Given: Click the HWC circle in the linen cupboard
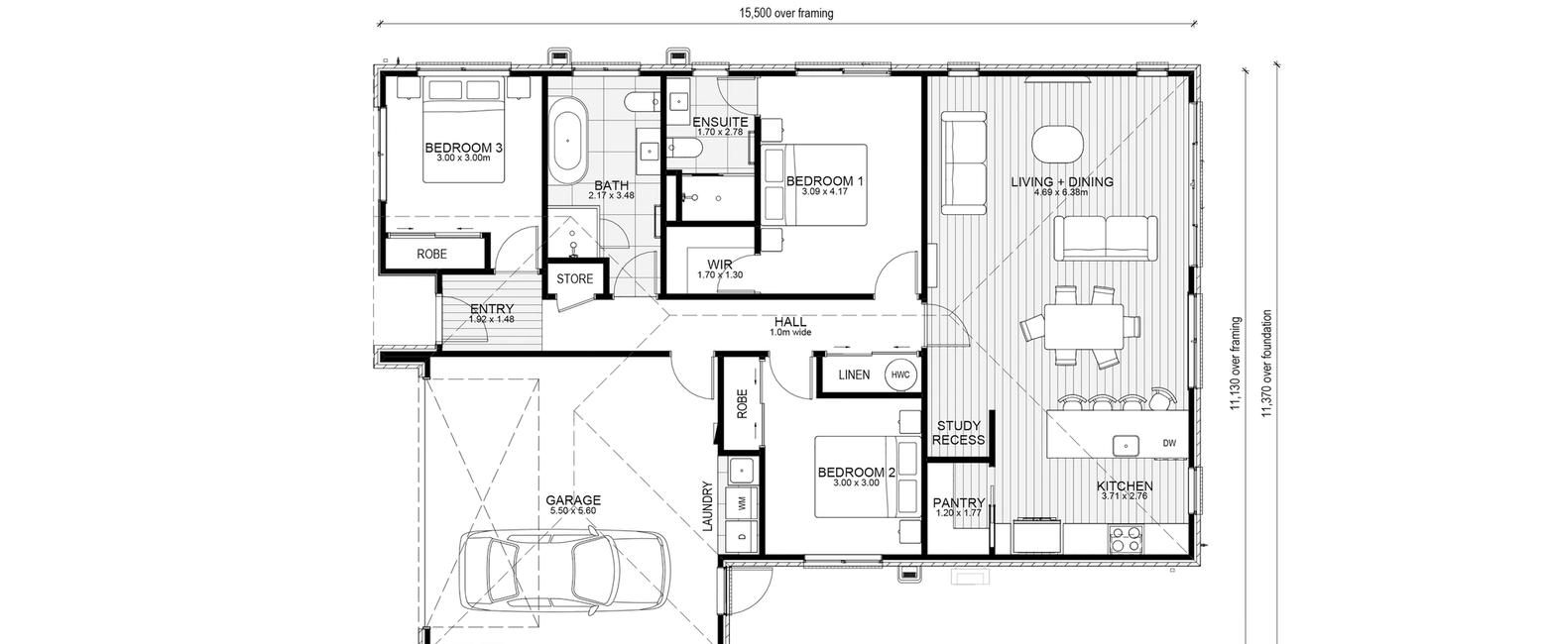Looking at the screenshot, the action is pyautogui.click(x=900, y=375).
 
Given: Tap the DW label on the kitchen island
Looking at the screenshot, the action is pyautogui.click(x=1169, y=443).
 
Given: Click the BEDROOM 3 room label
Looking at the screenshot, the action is pyautogui.click(x=463, y=148).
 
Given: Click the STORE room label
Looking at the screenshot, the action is pyautogui.click(x=575, y=278).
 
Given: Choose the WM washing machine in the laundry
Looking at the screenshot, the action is pyautogui.click(x=743, y=504).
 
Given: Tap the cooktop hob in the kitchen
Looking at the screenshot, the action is pyautogui.click(x=1127, y=539).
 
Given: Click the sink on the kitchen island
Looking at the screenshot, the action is pyautogui.click(x=1126, y=446).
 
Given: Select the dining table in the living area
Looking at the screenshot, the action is pyautogui.click(x=1084, y=327).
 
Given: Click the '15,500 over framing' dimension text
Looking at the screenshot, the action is pyautogui.click(x=786, y=13).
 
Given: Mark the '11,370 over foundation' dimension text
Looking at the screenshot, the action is pyautogui.click(x=1266, y=363).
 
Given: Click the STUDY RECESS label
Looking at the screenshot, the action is pyautogui.click(x=959, y=433).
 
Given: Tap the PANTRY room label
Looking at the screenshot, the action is pyautogui.click(x=959, y=503).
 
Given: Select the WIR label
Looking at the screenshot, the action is pyautogui.click(x=719, y=266).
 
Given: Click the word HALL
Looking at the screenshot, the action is pyautogui.click(x=790, y=322).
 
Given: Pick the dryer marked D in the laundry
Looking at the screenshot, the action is pyautogui.click(x=743, y=537).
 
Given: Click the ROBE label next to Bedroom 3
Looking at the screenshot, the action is pyautogui.click(x=432, y=254).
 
